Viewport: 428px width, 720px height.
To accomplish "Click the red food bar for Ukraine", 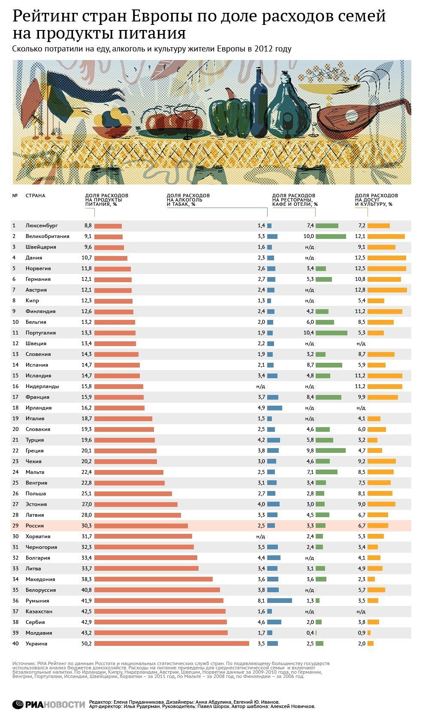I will tap(172, 643).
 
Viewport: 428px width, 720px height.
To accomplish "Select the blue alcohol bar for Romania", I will tap(279, 600).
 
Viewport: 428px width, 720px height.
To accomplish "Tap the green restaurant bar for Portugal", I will tap(331, 333).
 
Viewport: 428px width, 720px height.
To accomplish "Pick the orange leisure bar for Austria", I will tap(387, 290).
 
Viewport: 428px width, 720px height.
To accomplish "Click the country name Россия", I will tap(35, 526).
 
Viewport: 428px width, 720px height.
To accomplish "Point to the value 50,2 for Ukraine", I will tap(87, 643).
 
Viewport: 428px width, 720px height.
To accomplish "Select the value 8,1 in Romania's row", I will tap(261, 600).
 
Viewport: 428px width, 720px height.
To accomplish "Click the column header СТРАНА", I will tap(35, 196).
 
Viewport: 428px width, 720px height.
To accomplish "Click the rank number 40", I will tap(15, 643).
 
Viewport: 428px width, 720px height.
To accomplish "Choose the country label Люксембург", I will tap(42, 226).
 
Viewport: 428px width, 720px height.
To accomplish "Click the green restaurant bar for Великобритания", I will tap(331, 236).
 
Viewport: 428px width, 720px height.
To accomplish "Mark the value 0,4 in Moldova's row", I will tap(310, 633).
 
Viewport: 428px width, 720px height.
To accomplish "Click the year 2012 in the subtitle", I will tap(264, 48).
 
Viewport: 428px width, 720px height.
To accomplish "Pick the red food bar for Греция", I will tap(125, 451).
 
